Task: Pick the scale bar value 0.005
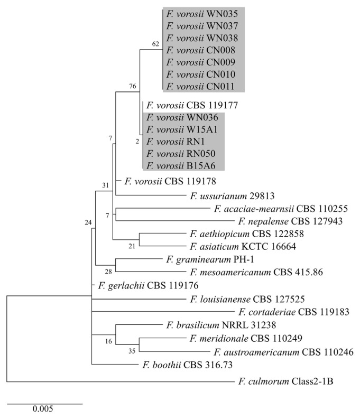(45, 408)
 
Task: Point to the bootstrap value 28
(109, 272)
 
